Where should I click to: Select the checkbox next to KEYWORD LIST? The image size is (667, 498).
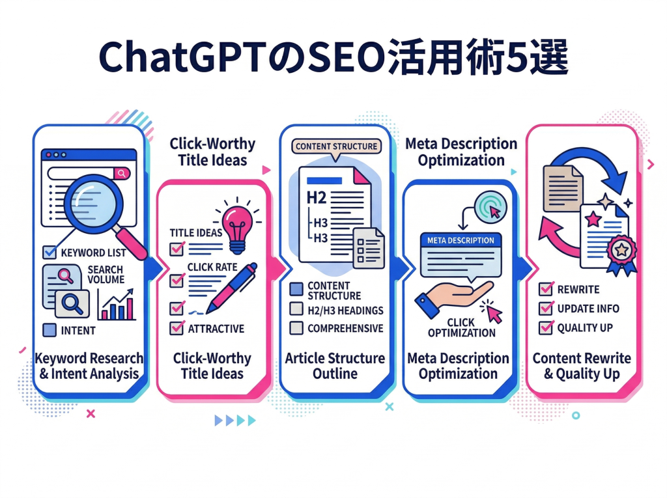coord(49,253)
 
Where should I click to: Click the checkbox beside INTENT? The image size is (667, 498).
coord(49,330)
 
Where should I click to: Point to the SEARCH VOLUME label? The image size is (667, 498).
coord(105,275)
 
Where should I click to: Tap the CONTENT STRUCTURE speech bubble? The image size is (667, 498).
coord(335,146)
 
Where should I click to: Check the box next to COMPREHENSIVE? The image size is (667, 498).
coord(296,328)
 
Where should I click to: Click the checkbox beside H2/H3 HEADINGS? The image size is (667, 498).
coord(296,310)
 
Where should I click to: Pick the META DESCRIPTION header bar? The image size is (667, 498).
coord(461,240)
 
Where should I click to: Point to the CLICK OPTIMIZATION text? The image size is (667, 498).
coord(461,327)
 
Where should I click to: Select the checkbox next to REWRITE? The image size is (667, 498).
coord(546,289)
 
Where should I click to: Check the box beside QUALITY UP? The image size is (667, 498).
coord(546,327)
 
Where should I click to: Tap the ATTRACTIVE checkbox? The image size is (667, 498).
coord(176,328)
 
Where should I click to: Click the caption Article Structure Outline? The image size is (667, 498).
coord(335,366)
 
